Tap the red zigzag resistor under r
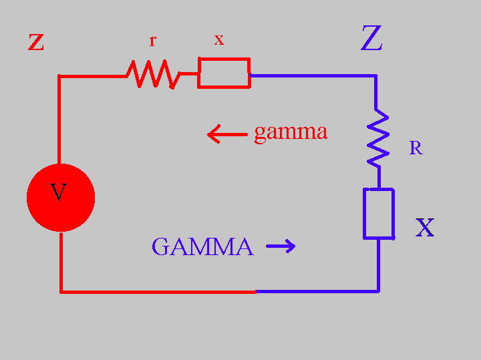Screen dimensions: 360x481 [x=154, y=74]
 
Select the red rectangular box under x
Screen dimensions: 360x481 [x=224, y=73]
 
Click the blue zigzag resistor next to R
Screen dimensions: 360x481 [x=378, y=138]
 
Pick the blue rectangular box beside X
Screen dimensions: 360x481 [x=378, y=214]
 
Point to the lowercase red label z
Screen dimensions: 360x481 [x=36, y=42]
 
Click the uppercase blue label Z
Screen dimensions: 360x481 [x=371, y=39]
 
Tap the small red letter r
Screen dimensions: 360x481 [x=152, y=41]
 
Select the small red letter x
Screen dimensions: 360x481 [x=218, y=40]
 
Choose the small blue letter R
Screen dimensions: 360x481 [x=416, y=148]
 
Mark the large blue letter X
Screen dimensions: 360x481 [x=425, y=228]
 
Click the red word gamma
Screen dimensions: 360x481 [x=291, y=132]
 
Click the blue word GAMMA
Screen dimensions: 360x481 [x=202, y=247]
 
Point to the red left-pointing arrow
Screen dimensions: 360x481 [x=226, y=135]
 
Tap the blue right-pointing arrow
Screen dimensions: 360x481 [x=281, y=247]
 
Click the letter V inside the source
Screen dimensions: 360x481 [x=59, y=194]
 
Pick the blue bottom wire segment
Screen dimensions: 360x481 [x=317, y=291]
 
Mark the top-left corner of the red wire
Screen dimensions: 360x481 [x=60, y=77]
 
